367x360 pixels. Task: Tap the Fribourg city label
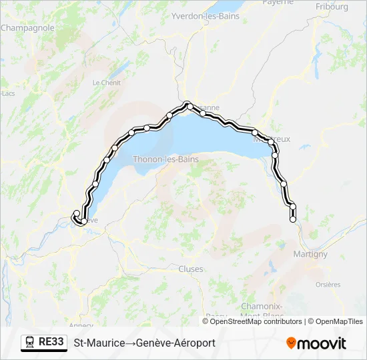pos(332,7)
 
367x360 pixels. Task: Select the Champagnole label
pos(27,28)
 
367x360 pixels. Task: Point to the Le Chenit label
pos(105,83)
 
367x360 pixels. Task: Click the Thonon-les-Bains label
pos(166,159)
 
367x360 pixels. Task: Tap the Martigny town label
pos(310,254)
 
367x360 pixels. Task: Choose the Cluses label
pos(191,269)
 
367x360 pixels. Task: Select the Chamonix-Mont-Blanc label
pos(262,310)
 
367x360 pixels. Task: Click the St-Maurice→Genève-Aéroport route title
pos(144,343)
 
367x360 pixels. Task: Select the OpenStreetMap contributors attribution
pos(256,321)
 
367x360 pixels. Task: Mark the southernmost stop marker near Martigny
pos(292,219)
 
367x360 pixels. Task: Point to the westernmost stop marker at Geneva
pos(76,213)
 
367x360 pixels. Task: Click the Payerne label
pos(278,2)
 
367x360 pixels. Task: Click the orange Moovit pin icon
pos(292,343)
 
